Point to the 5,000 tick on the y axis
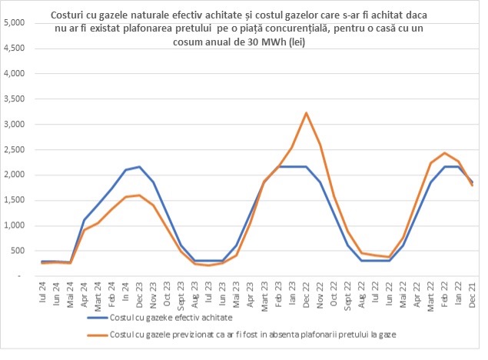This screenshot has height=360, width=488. coord(15,23)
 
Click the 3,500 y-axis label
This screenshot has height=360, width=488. coord(15,99)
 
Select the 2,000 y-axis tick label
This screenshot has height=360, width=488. coord(15,175)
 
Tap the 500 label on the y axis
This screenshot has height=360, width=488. coord(19,251)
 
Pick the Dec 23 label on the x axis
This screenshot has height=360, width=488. coord(139,297)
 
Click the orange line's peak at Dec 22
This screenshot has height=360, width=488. coord(307,113)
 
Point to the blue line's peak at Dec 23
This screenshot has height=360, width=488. coord(139,166)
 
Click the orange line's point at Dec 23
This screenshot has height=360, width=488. coord(139,195)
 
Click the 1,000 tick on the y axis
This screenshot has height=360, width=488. coord(15,225)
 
